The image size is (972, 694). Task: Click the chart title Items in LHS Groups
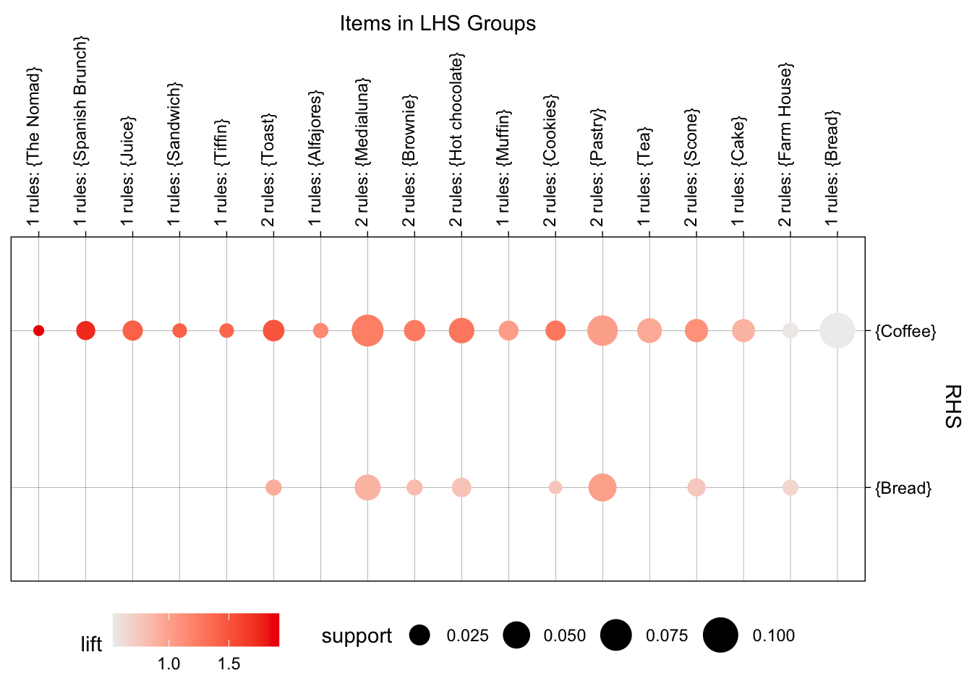(438, 23)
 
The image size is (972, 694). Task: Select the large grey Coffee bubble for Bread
(837, 331)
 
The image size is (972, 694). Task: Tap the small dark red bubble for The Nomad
(39, 331)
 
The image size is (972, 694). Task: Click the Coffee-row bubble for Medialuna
(367, 331)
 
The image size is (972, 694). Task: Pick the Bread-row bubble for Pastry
(602, 488)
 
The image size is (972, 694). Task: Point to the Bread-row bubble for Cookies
(555, 488)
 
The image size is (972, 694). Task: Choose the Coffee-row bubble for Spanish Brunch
(86, 331)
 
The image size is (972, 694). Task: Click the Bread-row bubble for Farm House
(790, 488)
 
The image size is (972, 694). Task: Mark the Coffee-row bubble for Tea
(649, 331)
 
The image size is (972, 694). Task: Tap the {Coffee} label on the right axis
(905, 332)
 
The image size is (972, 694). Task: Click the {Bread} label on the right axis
(903, 489)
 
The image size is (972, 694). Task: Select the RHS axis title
(952, 406)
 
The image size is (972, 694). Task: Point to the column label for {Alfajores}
(315, 158)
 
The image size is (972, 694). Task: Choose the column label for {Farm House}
(785, 144)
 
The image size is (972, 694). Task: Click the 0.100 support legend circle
(720, 636)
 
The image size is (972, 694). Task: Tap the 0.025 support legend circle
(419, 636)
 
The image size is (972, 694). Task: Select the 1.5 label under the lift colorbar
(229, 664)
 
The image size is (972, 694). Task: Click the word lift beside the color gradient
(91, 644)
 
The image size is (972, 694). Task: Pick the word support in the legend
(357, 636)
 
